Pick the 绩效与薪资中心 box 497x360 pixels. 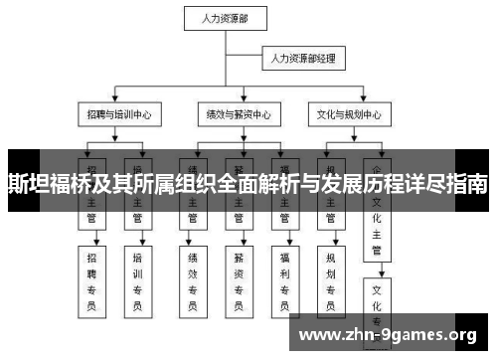tap(232, 114)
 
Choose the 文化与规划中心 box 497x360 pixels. tap(344, 114)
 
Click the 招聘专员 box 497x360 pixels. tap(93, 277)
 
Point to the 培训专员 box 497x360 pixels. tap(137, 277)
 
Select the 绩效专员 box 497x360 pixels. tap(193, 277)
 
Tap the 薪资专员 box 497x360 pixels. tap(239, 277)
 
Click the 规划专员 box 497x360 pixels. tap(330, 277)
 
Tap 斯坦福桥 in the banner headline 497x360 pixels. tap(41, 184)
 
